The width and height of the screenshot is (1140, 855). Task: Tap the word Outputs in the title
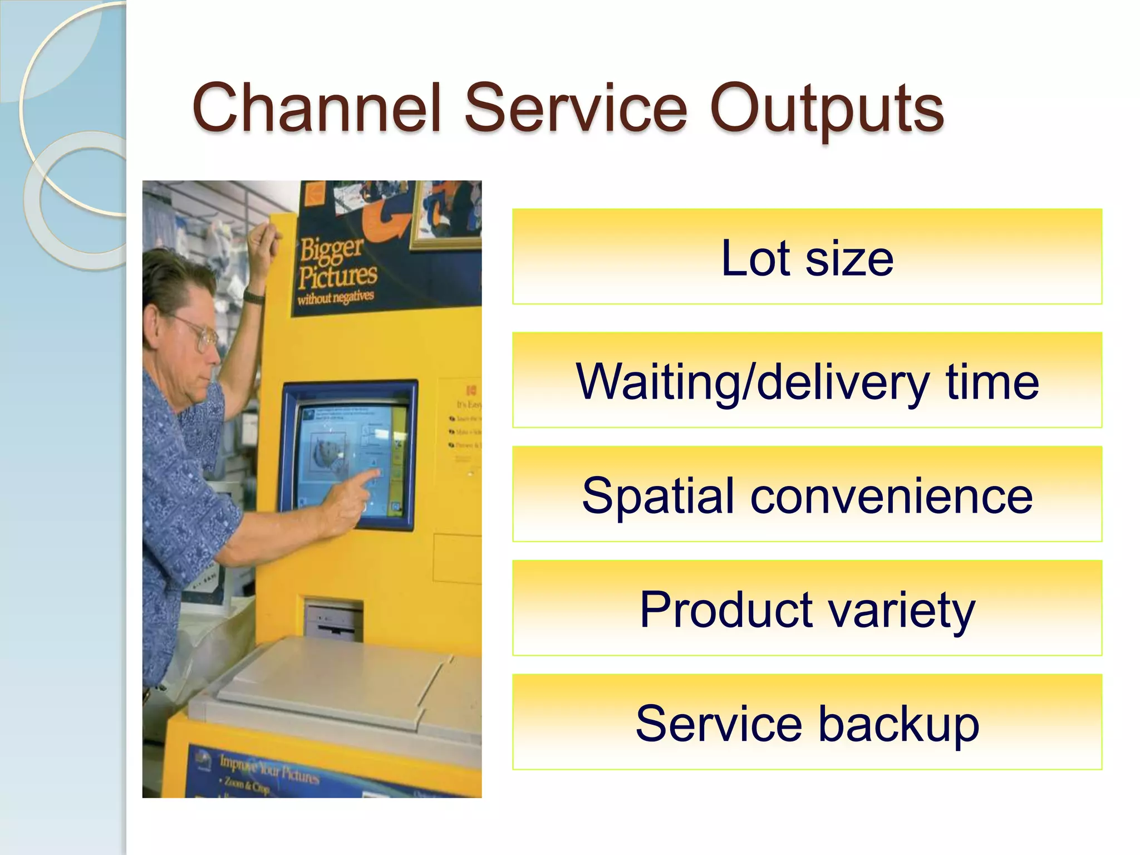[826, 109]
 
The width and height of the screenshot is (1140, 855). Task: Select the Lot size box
[807, 257]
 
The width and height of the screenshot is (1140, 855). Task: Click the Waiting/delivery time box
[807, 380]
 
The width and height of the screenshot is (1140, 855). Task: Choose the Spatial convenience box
[807, 494]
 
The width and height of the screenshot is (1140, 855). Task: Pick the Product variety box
[807, 608]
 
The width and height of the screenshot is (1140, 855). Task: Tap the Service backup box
[807, 723]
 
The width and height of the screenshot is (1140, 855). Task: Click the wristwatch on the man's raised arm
[254, 297]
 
